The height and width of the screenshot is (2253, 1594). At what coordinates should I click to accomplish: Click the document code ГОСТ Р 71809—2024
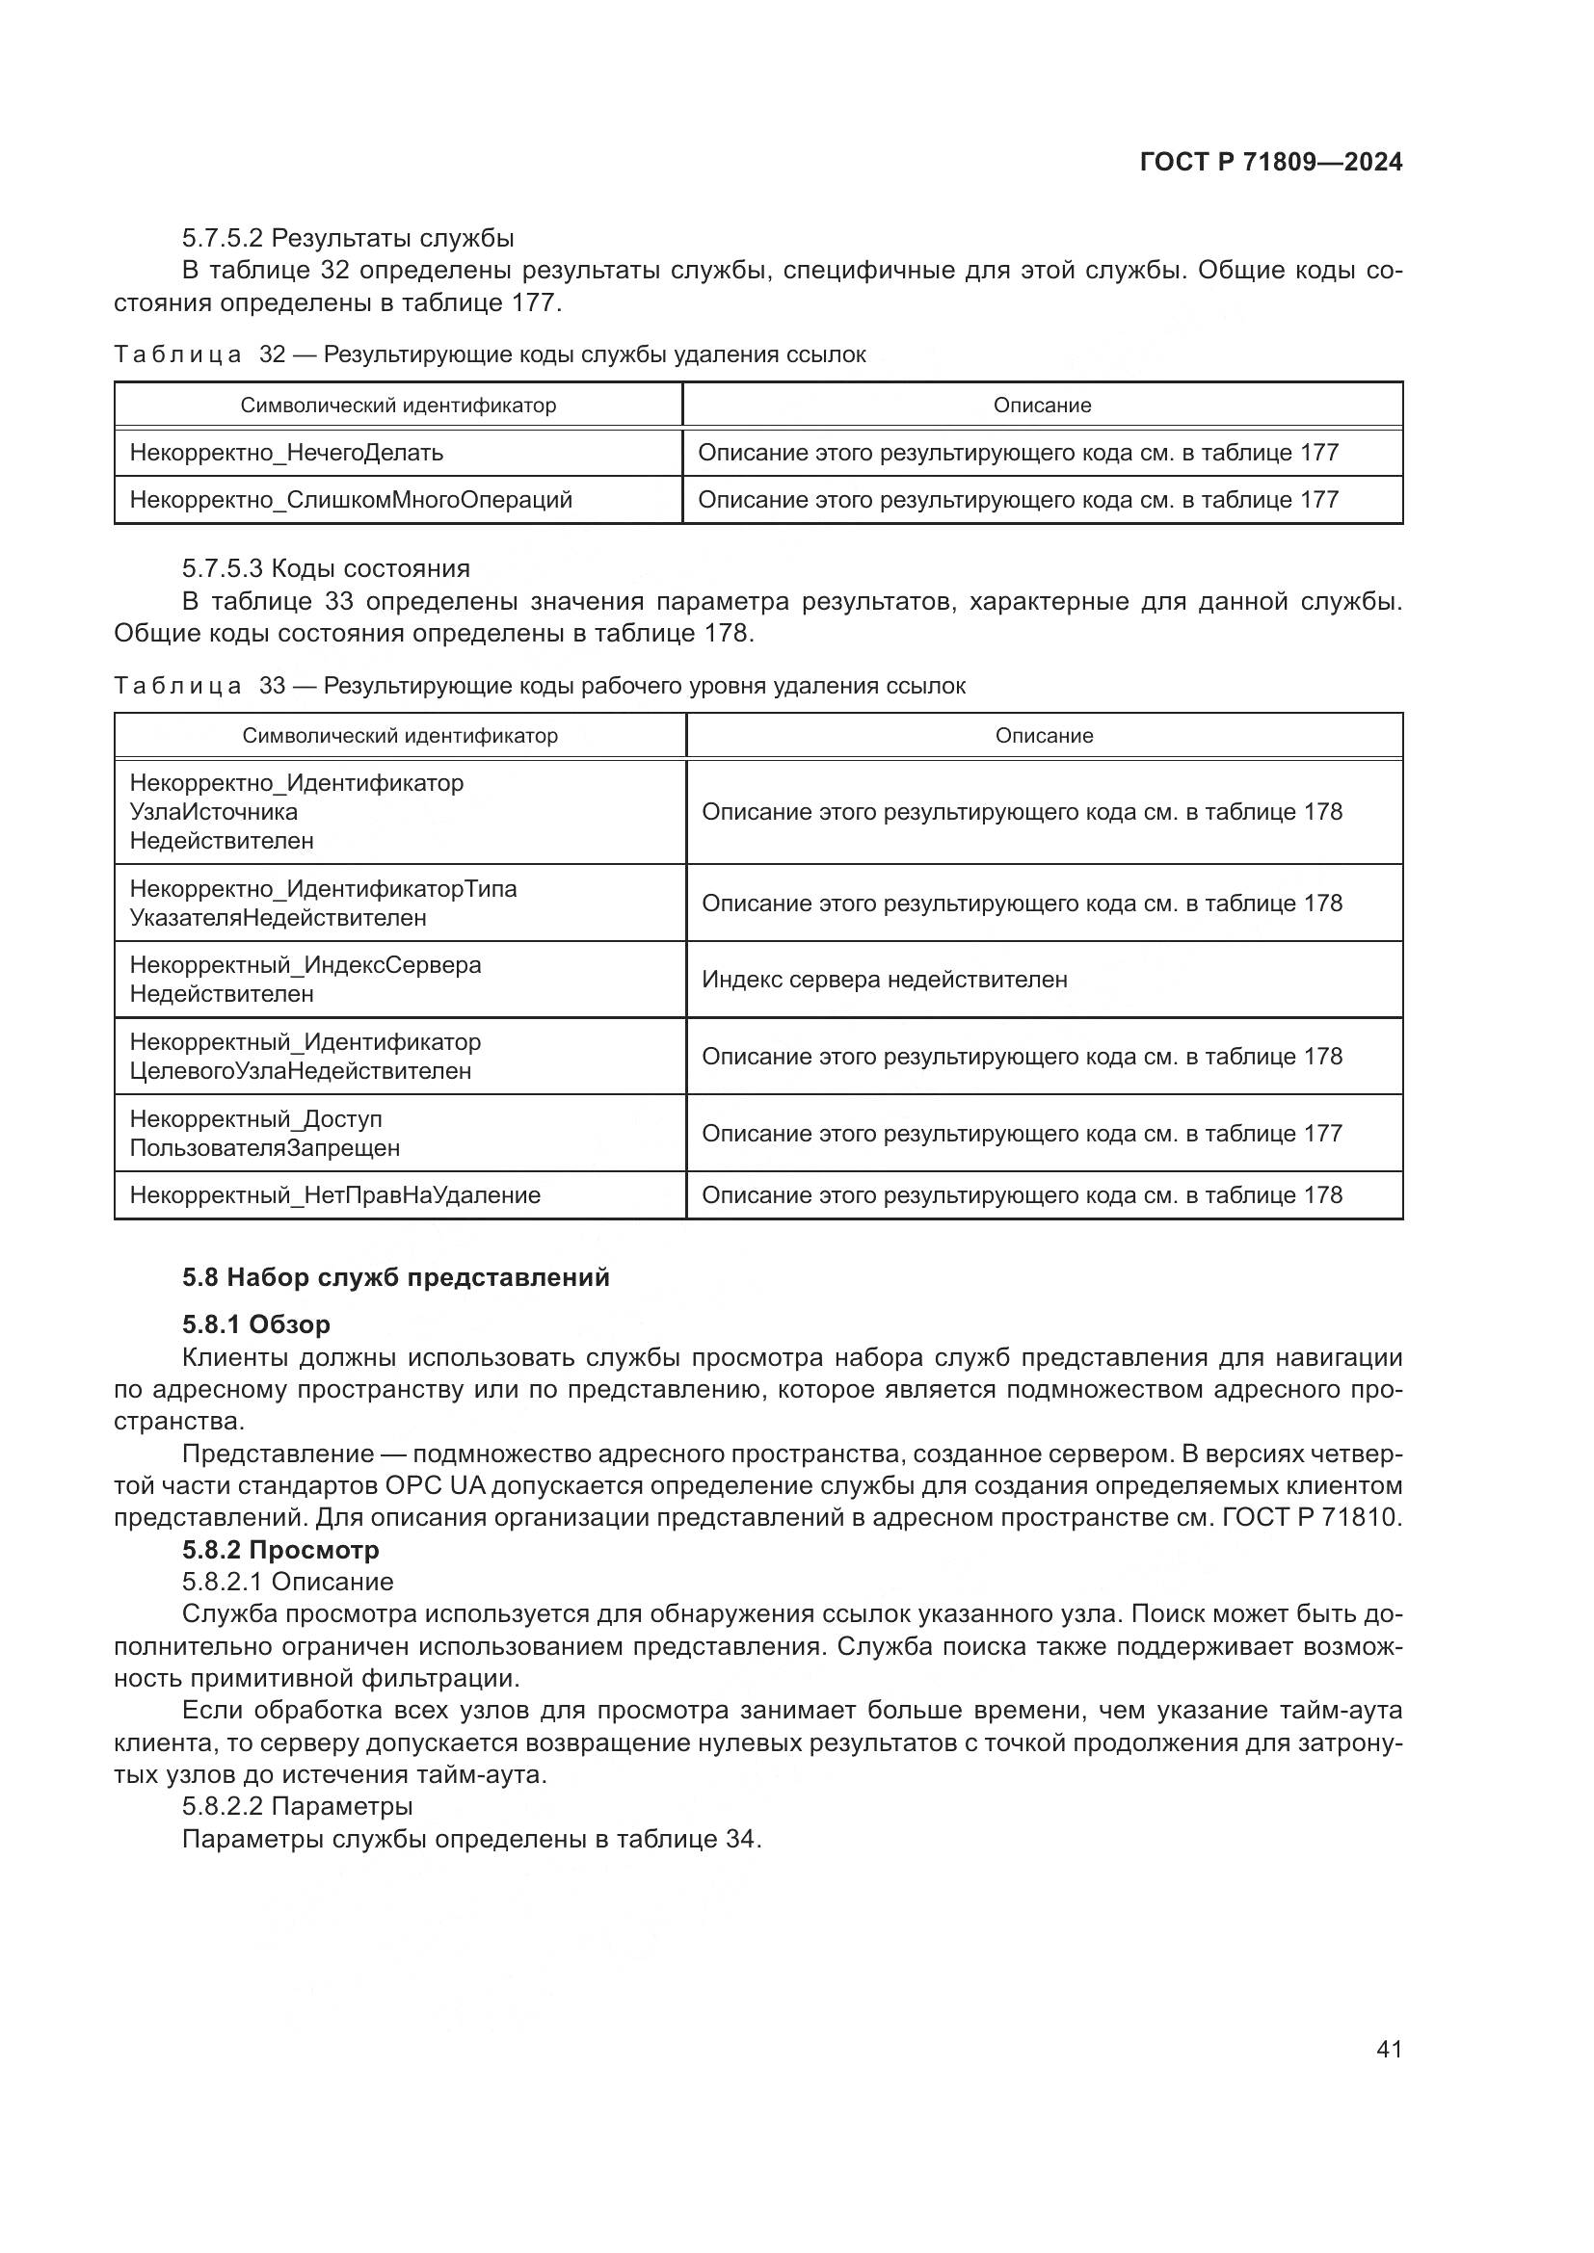1271,162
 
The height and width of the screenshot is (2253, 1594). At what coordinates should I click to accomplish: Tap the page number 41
1389,2049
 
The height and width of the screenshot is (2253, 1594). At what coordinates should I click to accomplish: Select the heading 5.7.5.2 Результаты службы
348,239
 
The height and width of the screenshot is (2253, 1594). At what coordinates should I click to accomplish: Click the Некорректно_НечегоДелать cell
286,453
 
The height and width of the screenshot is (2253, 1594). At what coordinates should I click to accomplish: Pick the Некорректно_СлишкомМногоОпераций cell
351,500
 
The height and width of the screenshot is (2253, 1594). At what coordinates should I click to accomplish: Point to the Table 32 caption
489,354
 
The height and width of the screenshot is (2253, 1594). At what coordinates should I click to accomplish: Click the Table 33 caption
539,686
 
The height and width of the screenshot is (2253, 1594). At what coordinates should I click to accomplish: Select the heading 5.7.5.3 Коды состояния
326,569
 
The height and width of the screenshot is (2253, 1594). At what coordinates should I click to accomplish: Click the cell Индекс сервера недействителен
885,980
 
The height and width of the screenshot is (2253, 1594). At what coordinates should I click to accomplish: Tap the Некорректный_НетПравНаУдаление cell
334,1195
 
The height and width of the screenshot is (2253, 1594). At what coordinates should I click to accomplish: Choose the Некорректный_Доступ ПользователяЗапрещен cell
265,1134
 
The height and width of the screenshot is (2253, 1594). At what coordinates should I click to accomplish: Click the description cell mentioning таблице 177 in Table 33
1021,1134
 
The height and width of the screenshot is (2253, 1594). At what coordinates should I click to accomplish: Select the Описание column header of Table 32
1042,406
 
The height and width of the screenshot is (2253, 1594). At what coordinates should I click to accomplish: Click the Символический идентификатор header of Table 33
400,736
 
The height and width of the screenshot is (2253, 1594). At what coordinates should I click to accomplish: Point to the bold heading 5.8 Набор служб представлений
395,1277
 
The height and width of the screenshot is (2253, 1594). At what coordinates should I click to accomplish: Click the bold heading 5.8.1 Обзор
256,1324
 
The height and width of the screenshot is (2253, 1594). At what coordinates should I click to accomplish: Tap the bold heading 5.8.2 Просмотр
280,1550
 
